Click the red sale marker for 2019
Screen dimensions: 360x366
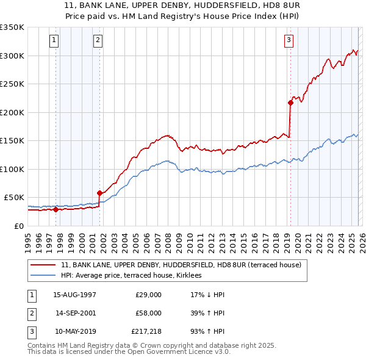pyautogui.click(x=290, y=103)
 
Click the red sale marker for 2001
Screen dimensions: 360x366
pyautogui.click(x=99, y=193)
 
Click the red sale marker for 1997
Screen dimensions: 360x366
pyautogui.click(x=56, y=209)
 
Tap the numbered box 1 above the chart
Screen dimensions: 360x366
pyautogui.click(x=54, y=41)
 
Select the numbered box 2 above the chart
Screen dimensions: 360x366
pyautogui.click(x=98, y=41)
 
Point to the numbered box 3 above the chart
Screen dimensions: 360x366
pyautogui.click(x=289, y=41)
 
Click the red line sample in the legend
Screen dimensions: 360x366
pyautogui.click(x=43, y=265)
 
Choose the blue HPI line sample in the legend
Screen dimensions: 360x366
pyautogui.click(x=43, y=276)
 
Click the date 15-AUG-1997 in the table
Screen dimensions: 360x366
pyautogui.click(x=74, y=295)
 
